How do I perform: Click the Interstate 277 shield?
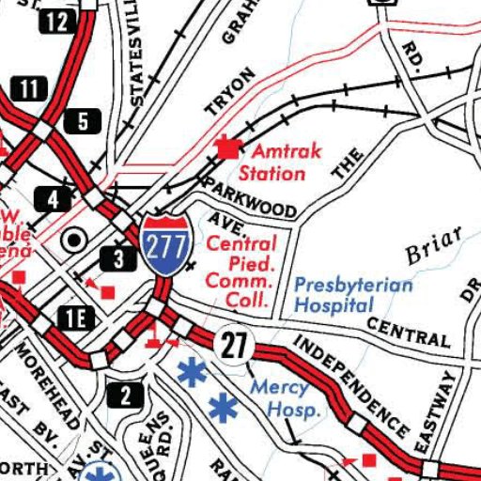pyautogui.click(x=163, y=244)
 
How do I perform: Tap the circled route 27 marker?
pyautogui.click(x=233, y=345)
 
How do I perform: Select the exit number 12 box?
pyautogui.click(x=57, y=20)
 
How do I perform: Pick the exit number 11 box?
pyautogui.click(x=30, y=90)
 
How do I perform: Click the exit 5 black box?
pyautogui.click(x=83, y=120)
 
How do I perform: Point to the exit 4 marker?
pyautogui.click(x=53, y=199)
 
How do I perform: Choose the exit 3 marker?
pyautogui.click(x=119, y=258)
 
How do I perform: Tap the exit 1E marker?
pyautogui.click(x=75, y=318)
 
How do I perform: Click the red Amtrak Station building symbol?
pyautogui.click(x=225, y=147)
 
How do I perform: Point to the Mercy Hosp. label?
pyautogui.click(x=281, y=398)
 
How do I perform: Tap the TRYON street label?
pyautogui.click(x=230, y=91)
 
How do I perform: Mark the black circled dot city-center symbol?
pyautogui.click(x=72, y=240)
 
